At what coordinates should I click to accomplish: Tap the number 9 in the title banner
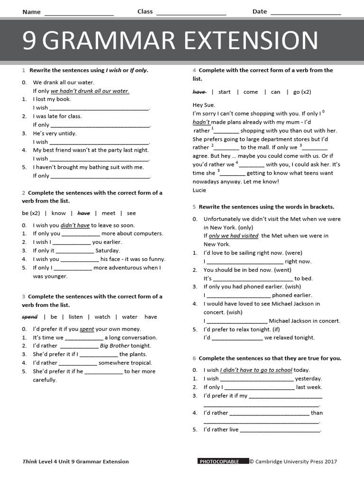29,41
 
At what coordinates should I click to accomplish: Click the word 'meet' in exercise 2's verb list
108,213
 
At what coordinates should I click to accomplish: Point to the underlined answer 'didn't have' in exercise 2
75,225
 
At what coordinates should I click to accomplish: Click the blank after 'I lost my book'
99,108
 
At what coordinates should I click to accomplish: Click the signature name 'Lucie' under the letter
200,190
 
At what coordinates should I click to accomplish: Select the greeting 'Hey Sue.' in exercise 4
204,105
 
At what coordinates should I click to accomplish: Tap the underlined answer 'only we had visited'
233,236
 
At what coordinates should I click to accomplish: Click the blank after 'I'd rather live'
280,430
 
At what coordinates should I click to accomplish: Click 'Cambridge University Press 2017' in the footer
296,461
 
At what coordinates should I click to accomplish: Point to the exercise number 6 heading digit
194,358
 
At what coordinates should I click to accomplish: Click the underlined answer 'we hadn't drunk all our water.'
90,91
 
